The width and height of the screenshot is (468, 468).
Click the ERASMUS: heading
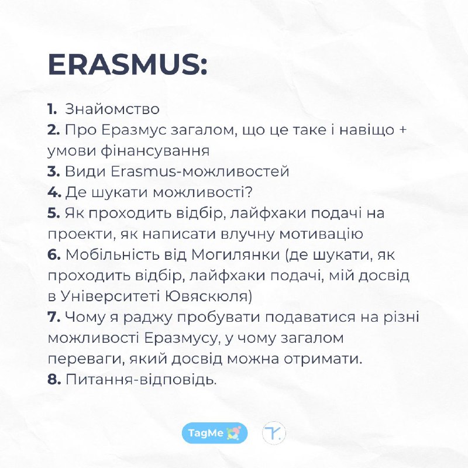[x=128, y=64]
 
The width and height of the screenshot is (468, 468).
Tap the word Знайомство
[x=112, y=109]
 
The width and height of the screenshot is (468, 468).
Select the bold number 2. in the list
[x=54, y=130]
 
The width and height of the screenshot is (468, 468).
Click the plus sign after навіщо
[x=402, y=130]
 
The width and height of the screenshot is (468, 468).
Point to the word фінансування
[x=155, y=151]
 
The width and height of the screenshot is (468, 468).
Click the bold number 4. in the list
[x=54, y=192]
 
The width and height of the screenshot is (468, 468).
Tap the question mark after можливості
[x=248, y=192]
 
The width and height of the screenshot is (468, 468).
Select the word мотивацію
[x=321, y=233]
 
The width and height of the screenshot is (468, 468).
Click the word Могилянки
[x=236, y=255]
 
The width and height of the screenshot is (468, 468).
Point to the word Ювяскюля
[x=207, y=297]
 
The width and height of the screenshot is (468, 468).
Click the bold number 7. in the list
[x=54, y=317]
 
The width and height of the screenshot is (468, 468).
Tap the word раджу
[x=148, y=318]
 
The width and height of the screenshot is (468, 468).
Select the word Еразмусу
[x=182, y=339]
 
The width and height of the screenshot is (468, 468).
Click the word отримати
[x=323, y=359]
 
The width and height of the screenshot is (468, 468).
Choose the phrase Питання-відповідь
[x=140, y=380]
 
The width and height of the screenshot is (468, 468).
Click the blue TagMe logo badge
[x=215, y=433]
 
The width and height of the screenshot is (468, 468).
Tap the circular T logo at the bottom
[x=274, y=433]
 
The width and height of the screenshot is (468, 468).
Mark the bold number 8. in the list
[x=54, y=379]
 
